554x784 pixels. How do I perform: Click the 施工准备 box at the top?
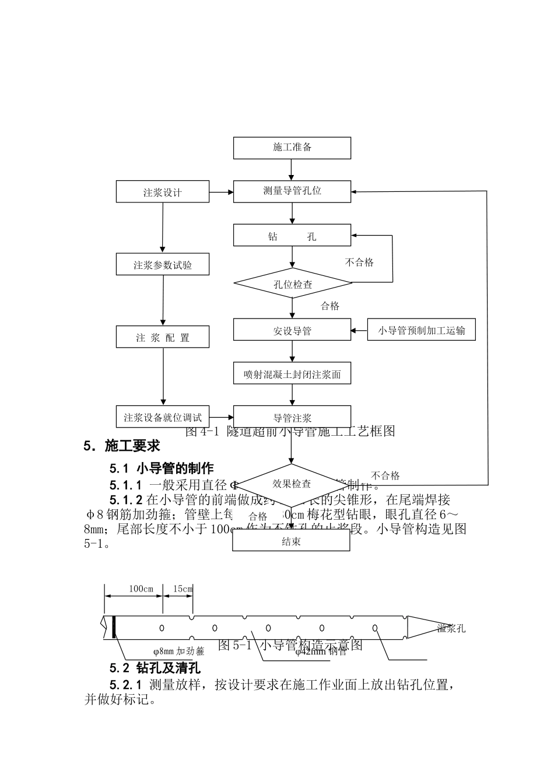(292, 148)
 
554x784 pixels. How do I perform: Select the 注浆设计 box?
(163, 192)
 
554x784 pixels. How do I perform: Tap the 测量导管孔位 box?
(292, 191)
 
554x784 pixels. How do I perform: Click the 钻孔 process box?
(292, 235)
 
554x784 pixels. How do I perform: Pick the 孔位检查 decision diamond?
(293, 283)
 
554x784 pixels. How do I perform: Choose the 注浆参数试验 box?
(163, 264)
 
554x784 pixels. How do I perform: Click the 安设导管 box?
(292, 330)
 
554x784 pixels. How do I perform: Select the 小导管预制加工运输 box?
(421, 330)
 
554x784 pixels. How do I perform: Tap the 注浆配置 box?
(163, 337)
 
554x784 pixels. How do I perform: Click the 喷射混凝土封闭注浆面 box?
(292, 374)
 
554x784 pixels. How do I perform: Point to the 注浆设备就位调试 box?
(163, 417)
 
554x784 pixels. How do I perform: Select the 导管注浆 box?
(292, 417)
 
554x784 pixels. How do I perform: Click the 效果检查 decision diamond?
(292, 484)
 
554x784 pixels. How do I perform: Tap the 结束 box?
(291, 541)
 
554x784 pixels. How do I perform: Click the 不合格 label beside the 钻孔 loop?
(359, 262)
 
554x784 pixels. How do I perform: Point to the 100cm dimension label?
(141, 589)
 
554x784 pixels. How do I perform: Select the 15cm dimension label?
(183, 589)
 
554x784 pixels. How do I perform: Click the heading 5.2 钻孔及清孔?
(155, 667)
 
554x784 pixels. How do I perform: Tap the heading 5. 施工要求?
(121, 446)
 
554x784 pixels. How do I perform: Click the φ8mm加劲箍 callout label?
(178, 651)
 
